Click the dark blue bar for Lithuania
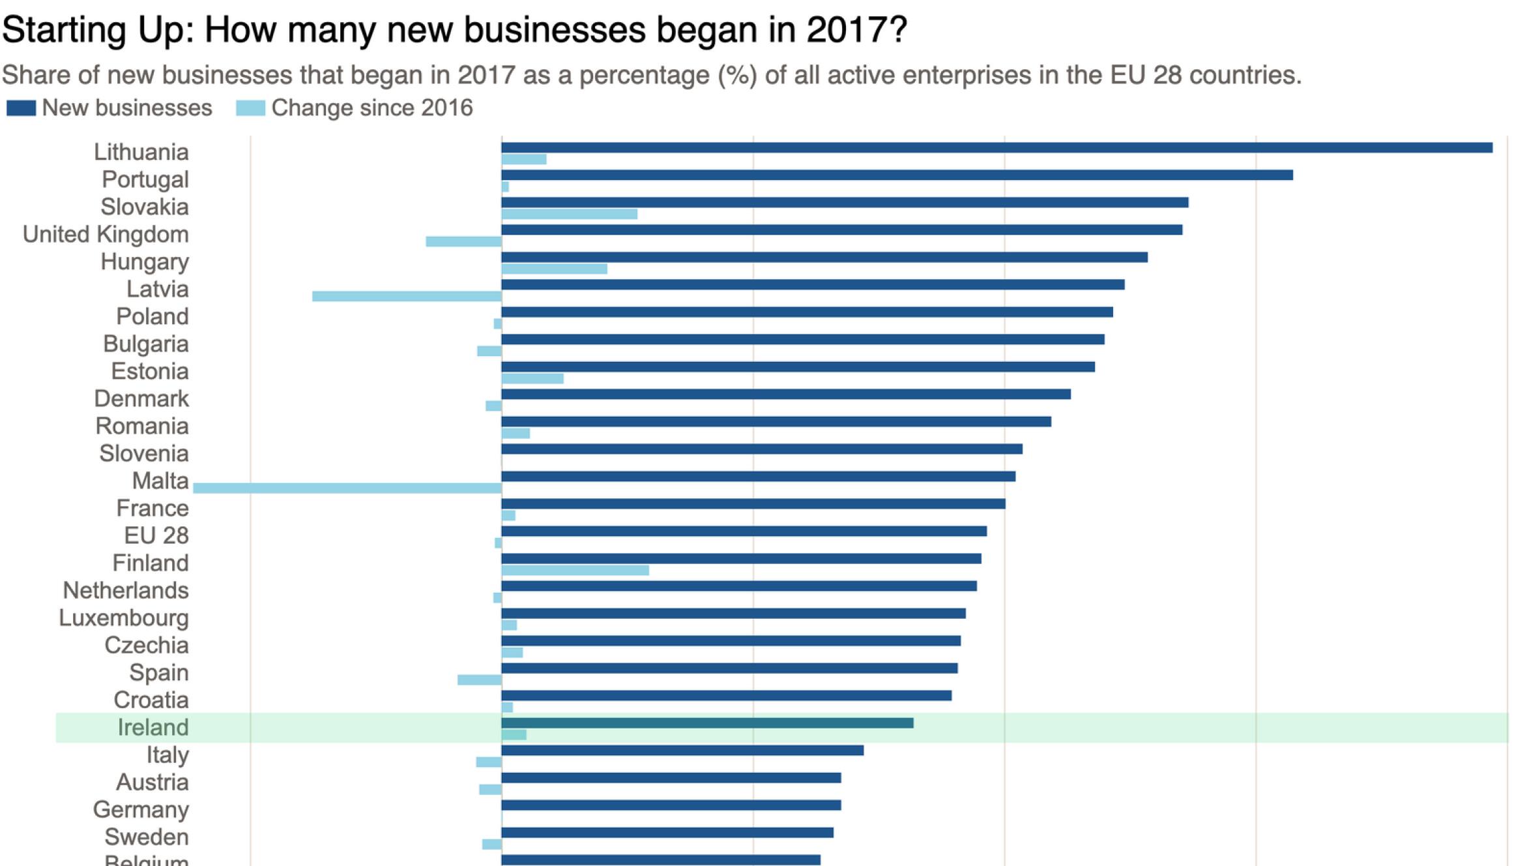coord(996,148)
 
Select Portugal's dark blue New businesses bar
coord(897,175)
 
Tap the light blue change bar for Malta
coord(347,488)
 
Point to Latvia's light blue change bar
coord(407,296)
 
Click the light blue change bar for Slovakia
coord(569,214)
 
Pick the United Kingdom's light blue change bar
coord(463,241)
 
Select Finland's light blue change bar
coord(575,571)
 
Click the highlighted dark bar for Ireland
coord(707,723)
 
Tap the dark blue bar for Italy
coord(682,751)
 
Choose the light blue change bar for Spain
coord(479,680)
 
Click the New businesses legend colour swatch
coord(21,108)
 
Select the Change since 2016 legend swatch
coord(250,108)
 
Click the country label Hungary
coord(145,262)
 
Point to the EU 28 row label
coord(156,536)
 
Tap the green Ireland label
coord(153,728)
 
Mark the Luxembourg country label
coord(124,618)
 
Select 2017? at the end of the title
coord(856,30)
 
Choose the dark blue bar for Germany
coord(671,805)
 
